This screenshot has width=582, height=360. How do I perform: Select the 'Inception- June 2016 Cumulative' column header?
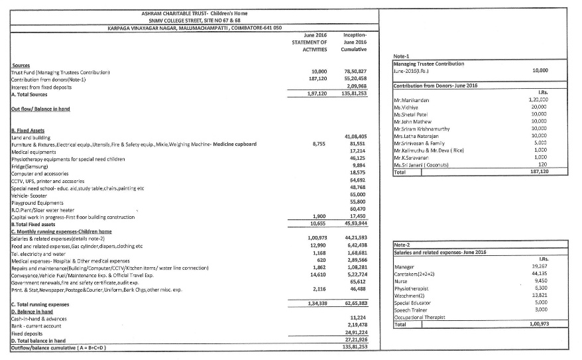(x=356, y=41)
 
